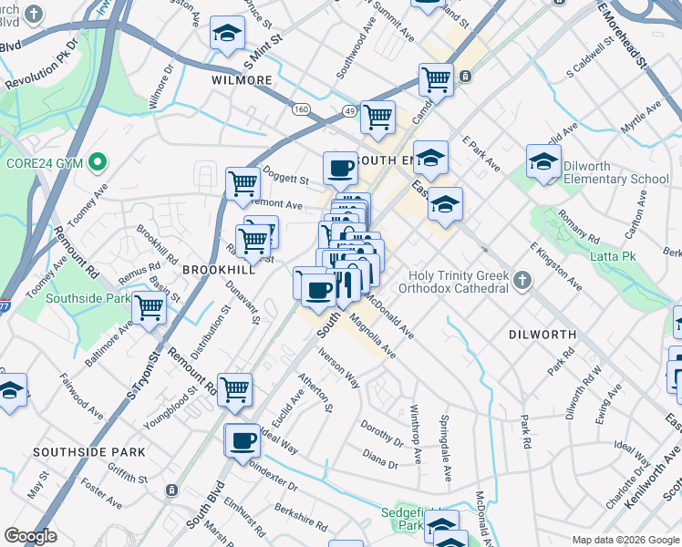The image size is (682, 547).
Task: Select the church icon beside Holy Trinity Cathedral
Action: (522, 280)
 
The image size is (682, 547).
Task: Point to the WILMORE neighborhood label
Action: (242, 80)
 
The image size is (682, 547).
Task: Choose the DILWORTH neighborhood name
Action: (542, 335)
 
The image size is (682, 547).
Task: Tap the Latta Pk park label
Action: (614, 256)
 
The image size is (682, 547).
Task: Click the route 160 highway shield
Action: (300, 108)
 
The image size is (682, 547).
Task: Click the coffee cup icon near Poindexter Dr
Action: (242, 440)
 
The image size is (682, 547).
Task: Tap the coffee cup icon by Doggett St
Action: (340, 168)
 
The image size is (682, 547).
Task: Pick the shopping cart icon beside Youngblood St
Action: (234, 388)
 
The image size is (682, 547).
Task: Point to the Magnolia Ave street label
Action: (379, 336)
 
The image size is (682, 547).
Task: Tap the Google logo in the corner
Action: (31, 536)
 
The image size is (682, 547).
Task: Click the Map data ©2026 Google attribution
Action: (625, 540)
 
